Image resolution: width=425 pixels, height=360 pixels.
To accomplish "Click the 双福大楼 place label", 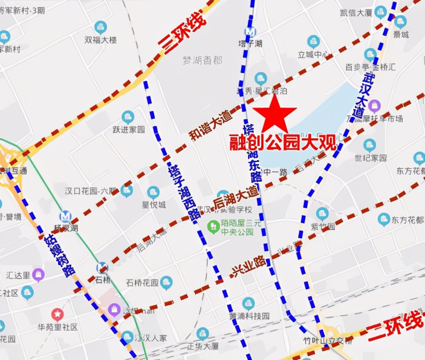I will click(100, 40).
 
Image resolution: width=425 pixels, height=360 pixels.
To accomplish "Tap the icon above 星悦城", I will click(153, 192).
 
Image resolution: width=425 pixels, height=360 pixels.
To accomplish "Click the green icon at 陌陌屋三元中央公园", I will click(213, 227).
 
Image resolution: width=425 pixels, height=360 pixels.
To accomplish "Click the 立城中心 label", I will click(313, 54).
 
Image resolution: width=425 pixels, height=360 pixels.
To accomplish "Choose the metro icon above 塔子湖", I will click(251, 31).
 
